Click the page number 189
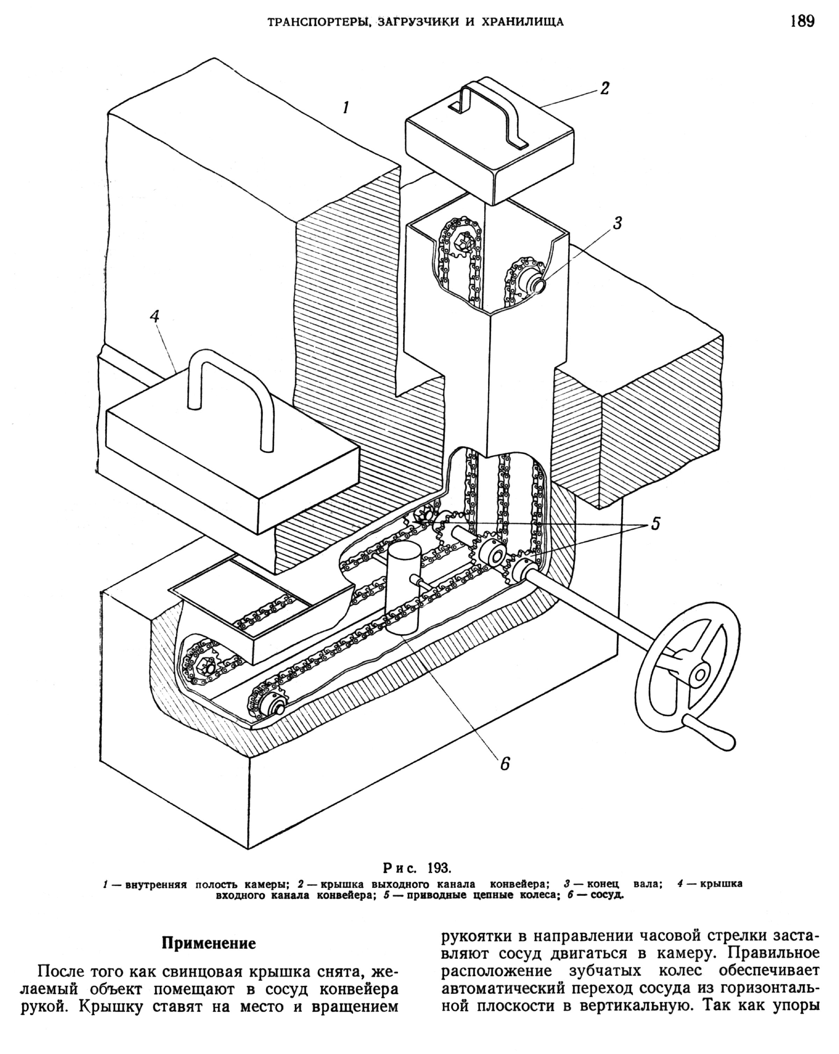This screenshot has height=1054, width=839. pyautogui.click(x=802, y=22)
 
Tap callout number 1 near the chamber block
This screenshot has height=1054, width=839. pyautogui.click(x=346, y=107)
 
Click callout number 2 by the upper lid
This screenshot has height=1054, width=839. pyautogui.click(x=604, y=88)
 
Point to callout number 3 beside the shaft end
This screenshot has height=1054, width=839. pyautogui.click(x=617, y=223)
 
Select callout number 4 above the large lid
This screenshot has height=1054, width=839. pyautogui.click(x=155, y=316)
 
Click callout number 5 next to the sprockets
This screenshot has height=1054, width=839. pyautogui.click(x=655, y=524)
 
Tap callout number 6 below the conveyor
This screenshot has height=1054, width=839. pyautogui.click(x=505, y=763)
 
